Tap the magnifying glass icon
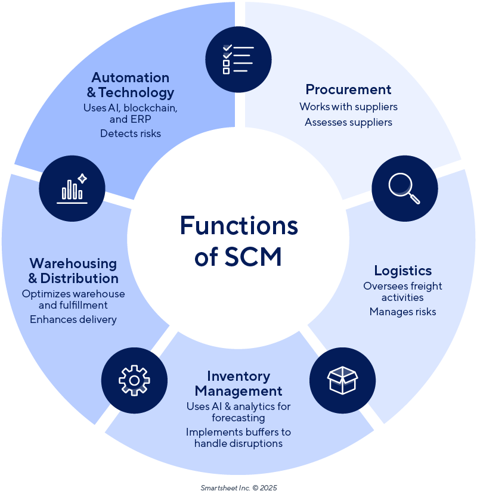[404, 188]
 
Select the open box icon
[342, 380]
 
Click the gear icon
[134, 380]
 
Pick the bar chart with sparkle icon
[72, 188]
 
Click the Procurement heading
[348, 89]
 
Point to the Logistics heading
[403, 271]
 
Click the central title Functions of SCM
[238, 241]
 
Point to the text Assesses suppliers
[348, 122]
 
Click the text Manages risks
[402, 312]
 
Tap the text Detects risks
[131, 133]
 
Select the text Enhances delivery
[73, 319]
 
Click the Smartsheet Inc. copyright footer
[238, 487]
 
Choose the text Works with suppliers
[348, 107]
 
